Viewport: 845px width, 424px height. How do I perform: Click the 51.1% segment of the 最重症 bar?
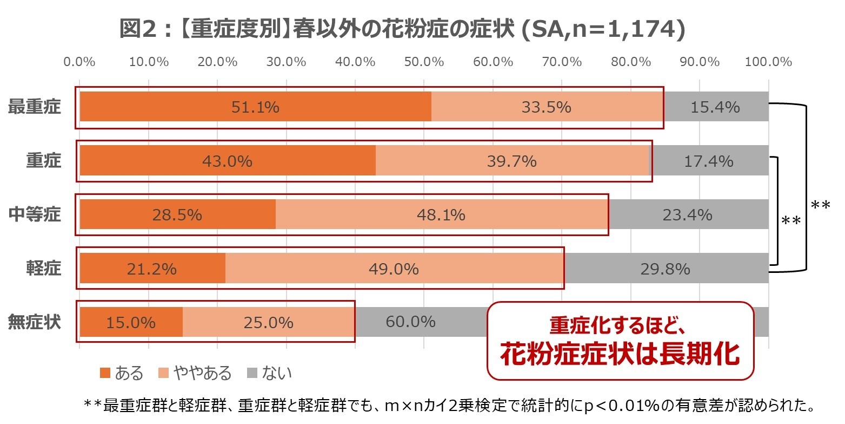[x=255, y=107]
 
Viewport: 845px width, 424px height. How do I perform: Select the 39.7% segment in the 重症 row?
[x=511, y=161]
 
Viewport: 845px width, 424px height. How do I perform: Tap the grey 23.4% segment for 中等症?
[x=688, y=215]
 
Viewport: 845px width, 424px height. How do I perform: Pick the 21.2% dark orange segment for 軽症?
[x=152, y=269]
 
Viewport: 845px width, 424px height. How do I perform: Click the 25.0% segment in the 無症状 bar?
[x=268, y=323]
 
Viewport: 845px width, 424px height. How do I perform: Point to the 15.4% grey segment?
[x=715, y=107]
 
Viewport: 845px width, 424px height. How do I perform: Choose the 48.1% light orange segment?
[x=441, y=215]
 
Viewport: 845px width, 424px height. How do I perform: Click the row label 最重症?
[x=35, y=107]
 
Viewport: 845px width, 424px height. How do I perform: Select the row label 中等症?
[x=35, y=215]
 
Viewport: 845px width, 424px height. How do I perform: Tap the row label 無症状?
[x=35, y=323]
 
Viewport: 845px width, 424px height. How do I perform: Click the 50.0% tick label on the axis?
[x=424, y=62]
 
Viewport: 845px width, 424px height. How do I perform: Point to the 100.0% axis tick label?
[x=768, y=62]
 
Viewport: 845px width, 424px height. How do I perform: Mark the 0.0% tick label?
[x=79, y=62]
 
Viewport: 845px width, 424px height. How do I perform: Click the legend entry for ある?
[x=122, y=373]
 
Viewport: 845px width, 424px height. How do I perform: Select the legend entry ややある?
[x=195, y=373]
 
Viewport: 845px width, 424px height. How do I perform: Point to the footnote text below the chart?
[x=449, y=406]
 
